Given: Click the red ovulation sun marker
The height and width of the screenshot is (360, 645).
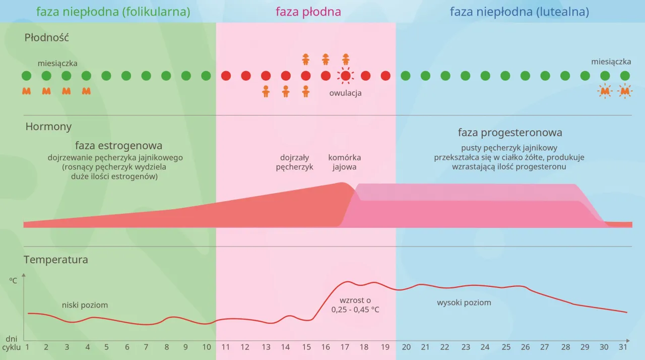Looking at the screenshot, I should point(345,76).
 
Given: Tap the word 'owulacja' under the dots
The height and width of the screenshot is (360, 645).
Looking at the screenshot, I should point(345,93).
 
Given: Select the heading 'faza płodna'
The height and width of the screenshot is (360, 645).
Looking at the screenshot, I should point(308,12).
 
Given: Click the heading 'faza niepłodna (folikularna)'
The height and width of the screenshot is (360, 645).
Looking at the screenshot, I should point(113,12).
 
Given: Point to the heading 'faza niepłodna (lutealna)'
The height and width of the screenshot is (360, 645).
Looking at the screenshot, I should point(519,12).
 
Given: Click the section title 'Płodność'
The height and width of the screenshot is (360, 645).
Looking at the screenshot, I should point(46,37).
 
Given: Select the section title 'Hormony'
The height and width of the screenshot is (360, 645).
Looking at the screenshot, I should point(48,127).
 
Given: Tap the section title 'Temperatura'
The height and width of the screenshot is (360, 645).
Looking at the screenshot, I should point(55,260).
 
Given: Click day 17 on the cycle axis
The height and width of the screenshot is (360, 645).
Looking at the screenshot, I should point(345,347).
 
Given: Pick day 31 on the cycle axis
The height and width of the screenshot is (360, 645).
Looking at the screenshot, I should point(623,347).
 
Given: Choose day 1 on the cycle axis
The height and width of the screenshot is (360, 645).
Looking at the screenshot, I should point(27,347).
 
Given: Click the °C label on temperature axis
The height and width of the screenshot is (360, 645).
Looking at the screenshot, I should point(13,280).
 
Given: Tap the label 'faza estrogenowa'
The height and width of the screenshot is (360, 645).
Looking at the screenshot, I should point(118,146).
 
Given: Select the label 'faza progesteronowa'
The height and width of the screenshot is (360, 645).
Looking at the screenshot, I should point(510,133).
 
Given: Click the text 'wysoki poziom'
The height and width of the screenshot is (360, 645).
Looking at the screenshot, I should point(464,303).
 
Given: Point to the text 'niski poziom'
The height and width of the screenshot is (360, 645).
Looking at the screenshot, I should point(85,305).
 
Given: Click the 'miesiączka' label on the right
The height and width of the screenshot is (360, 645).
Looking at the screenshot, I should point(611,62).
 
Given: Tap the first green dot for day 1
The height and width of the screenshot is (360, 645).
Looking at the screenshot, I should point(27,76).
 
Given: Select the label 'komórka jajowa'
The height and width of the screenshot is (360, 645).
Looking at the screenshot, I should point(345,162).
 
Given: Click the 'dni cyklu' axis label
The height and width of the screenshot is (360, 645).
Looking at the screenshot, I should point(11,343).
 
